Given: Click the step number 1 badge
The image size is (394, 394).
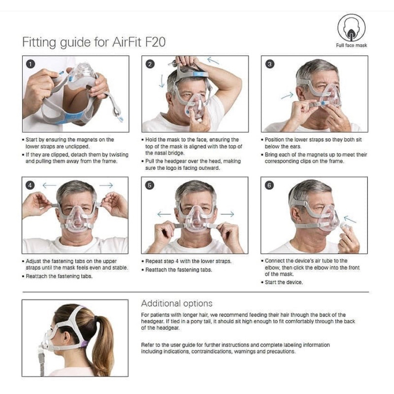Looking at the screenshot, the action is click(31, 64).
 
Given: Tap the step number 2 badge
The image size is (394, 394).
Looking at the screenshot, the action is click(150, 64).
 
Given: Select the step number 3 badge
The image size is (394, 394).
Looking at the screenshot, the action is click(269, 64).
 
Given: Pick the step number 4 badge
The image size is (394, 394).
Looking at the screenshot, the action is click(30, 186).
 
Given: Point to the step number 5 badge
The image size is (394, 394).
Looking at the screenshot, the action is click(150, 186).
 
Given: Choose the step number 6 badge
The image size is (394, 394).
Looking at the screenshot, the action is click(269, 186).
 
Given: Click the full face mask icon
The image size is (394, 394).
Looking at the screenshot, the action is click(351, 28).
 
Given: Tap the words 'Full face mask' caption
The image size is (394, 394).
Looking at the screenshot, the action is click(351, 45).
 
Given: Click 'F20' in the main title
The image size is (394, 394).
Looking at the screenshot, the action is click(155, 42).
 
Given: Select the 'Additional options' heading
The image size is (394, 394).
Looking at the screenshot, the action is click(177, 303).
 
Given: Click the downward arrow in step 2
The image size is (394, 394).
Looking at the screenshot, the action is click(162, 81).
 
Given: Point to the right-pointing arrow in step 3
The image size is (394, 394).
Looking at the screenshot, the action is click(287, 96).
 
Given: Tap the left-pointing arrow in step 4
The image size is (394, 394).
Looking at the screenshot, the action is click(50, 186).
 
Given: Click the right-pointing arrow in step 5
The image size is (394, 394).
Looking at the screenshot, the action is click(228, 214).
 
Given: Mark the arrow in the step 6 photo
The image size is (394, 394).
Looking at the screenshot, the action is click(350, 219).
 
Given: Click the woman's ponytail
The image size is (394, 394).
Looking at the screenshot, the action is click(102, 342).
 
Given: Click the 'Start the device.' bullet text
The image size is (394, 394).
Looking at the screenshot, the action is click(284, 282).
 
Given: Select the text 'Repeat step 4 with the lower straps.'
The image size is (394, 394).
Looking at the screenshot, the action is click(188, 262).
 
